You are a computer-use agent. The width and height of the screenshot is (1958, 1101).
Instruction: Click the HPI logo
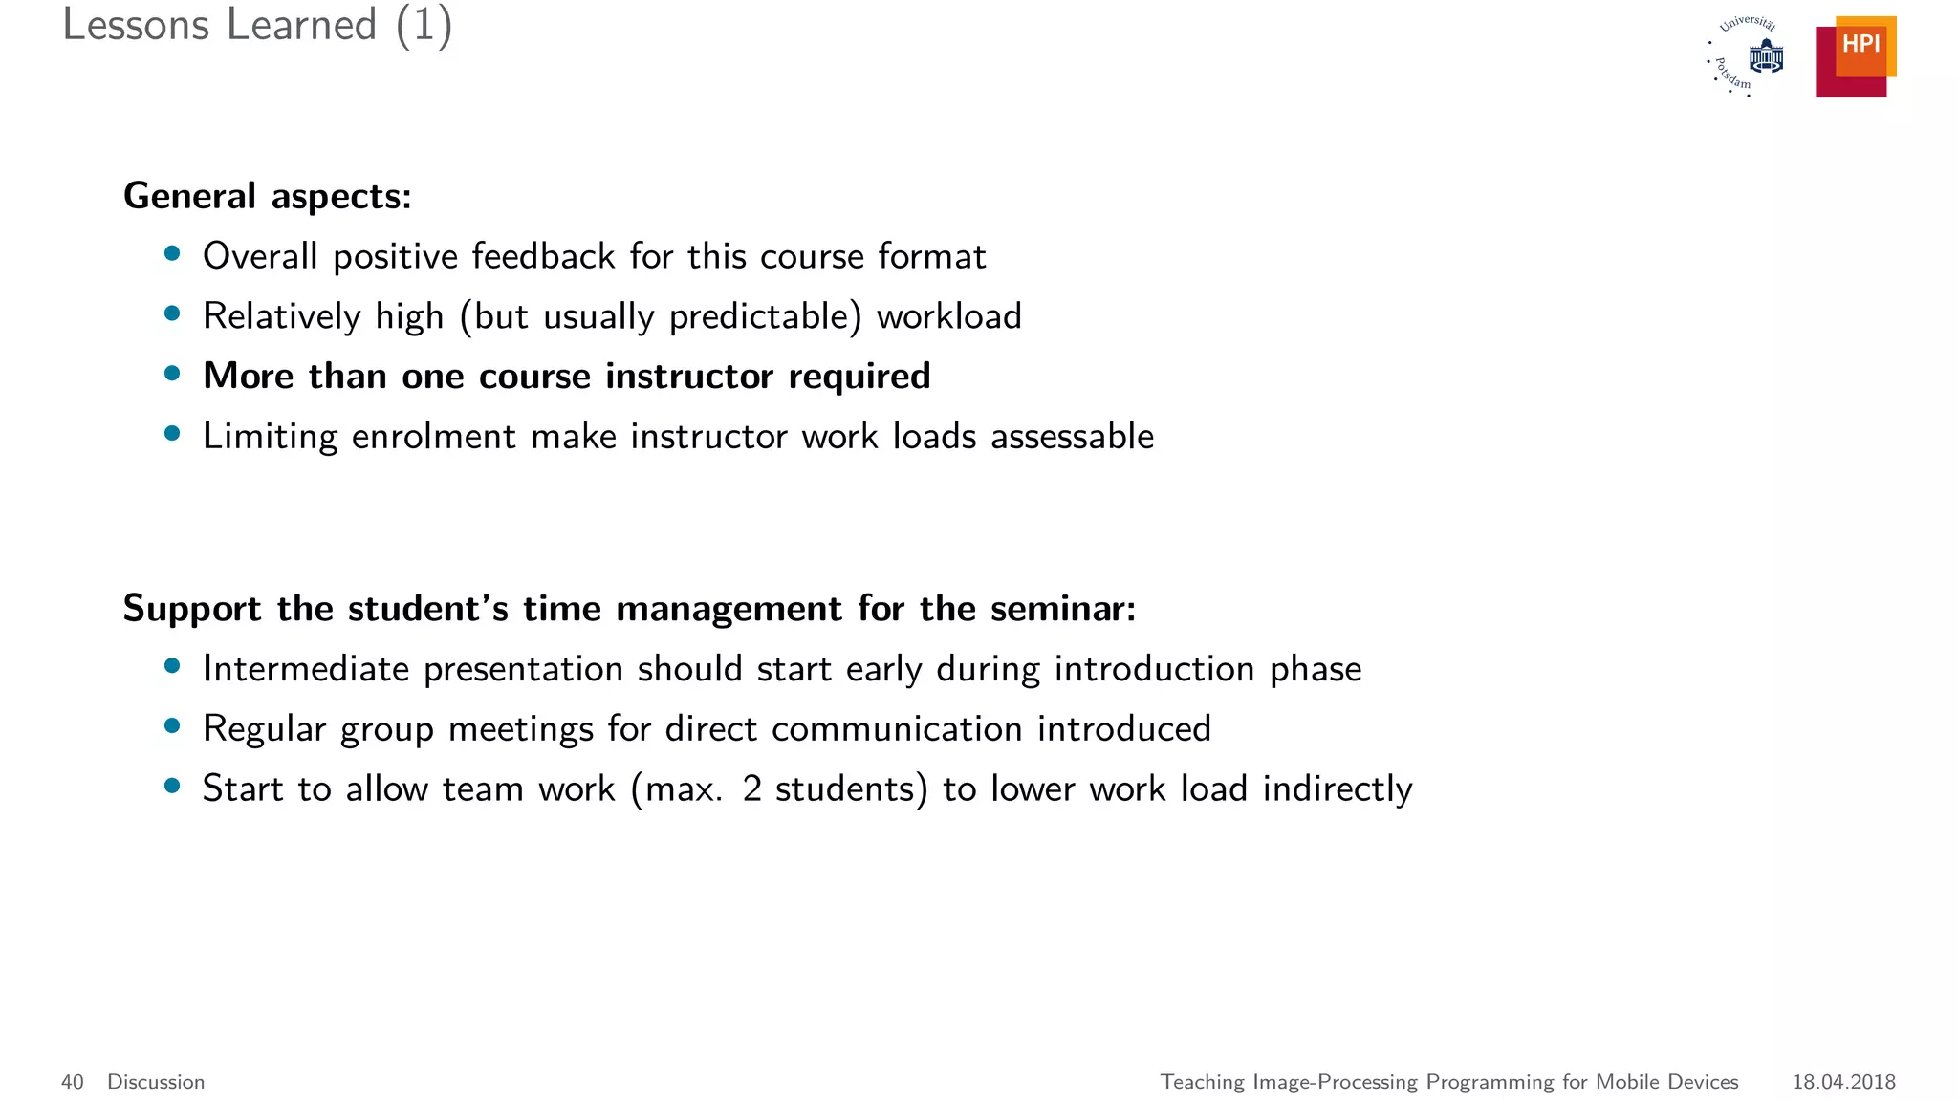click(1856, 56)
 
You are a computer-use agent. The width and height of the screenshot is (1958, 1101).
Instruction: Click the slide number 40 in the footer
click(73, 1082)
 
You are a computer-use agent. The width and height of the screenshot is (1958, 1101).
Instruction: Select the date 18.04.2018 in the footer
click(1843, 1082)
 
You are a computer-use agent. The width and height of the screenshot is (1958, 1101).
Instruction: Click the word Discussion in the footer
click(156, 1082)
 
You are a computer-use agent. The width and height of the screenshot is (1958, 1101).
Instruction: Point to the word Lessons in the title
click(136, 25)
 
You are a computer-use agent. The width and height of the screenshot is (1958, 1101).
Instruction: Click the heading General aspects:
click(268, 196)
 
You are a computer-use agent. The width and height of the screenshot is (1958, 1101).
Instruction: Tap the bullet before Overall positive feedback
click(172, 253)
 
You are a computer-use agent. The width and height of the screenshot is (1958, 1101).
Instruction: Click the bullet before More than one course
click(172, 374)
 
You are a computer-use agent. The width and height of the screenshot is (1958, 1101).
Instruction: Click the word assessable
click(1072, 437)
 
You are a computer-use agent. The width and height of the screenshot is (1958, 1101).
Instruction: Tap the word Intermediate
click(306, 669)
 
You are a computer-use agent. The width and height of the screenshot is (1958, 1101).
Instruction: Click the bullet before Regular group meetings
click(172, 726)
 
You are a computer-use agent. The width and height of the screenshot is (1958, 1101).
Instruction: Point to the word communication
click(897, 729)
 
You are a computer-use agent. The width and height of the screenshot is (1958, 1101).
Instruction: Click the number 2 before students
click(751, 789)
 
